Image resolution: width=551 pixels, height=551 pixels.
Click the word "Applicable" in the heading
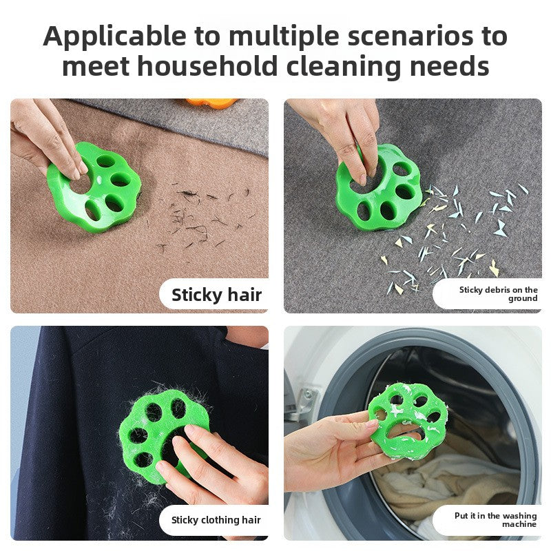(114, 37)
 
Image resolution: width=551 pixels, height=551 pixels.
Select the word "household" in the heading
(208, 66)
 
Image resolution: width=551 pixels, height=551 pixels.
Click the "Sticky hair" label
(216, 295)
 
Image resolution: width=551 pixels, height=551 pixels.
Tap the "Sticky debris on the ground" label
(498, 294)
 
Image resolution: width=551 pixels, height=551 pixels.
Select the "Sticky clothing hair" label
(216, 520)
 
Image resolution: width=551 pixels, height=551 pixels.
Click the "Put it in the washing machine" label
(495, 520)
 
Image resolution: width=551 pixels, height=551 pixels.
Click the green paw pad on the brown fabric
(94, 187)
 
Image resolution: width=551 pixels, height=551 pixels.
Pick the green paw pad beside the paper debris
(379, 188)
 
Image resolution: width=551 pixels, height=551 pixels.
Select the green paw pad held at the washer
(408, 422)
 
